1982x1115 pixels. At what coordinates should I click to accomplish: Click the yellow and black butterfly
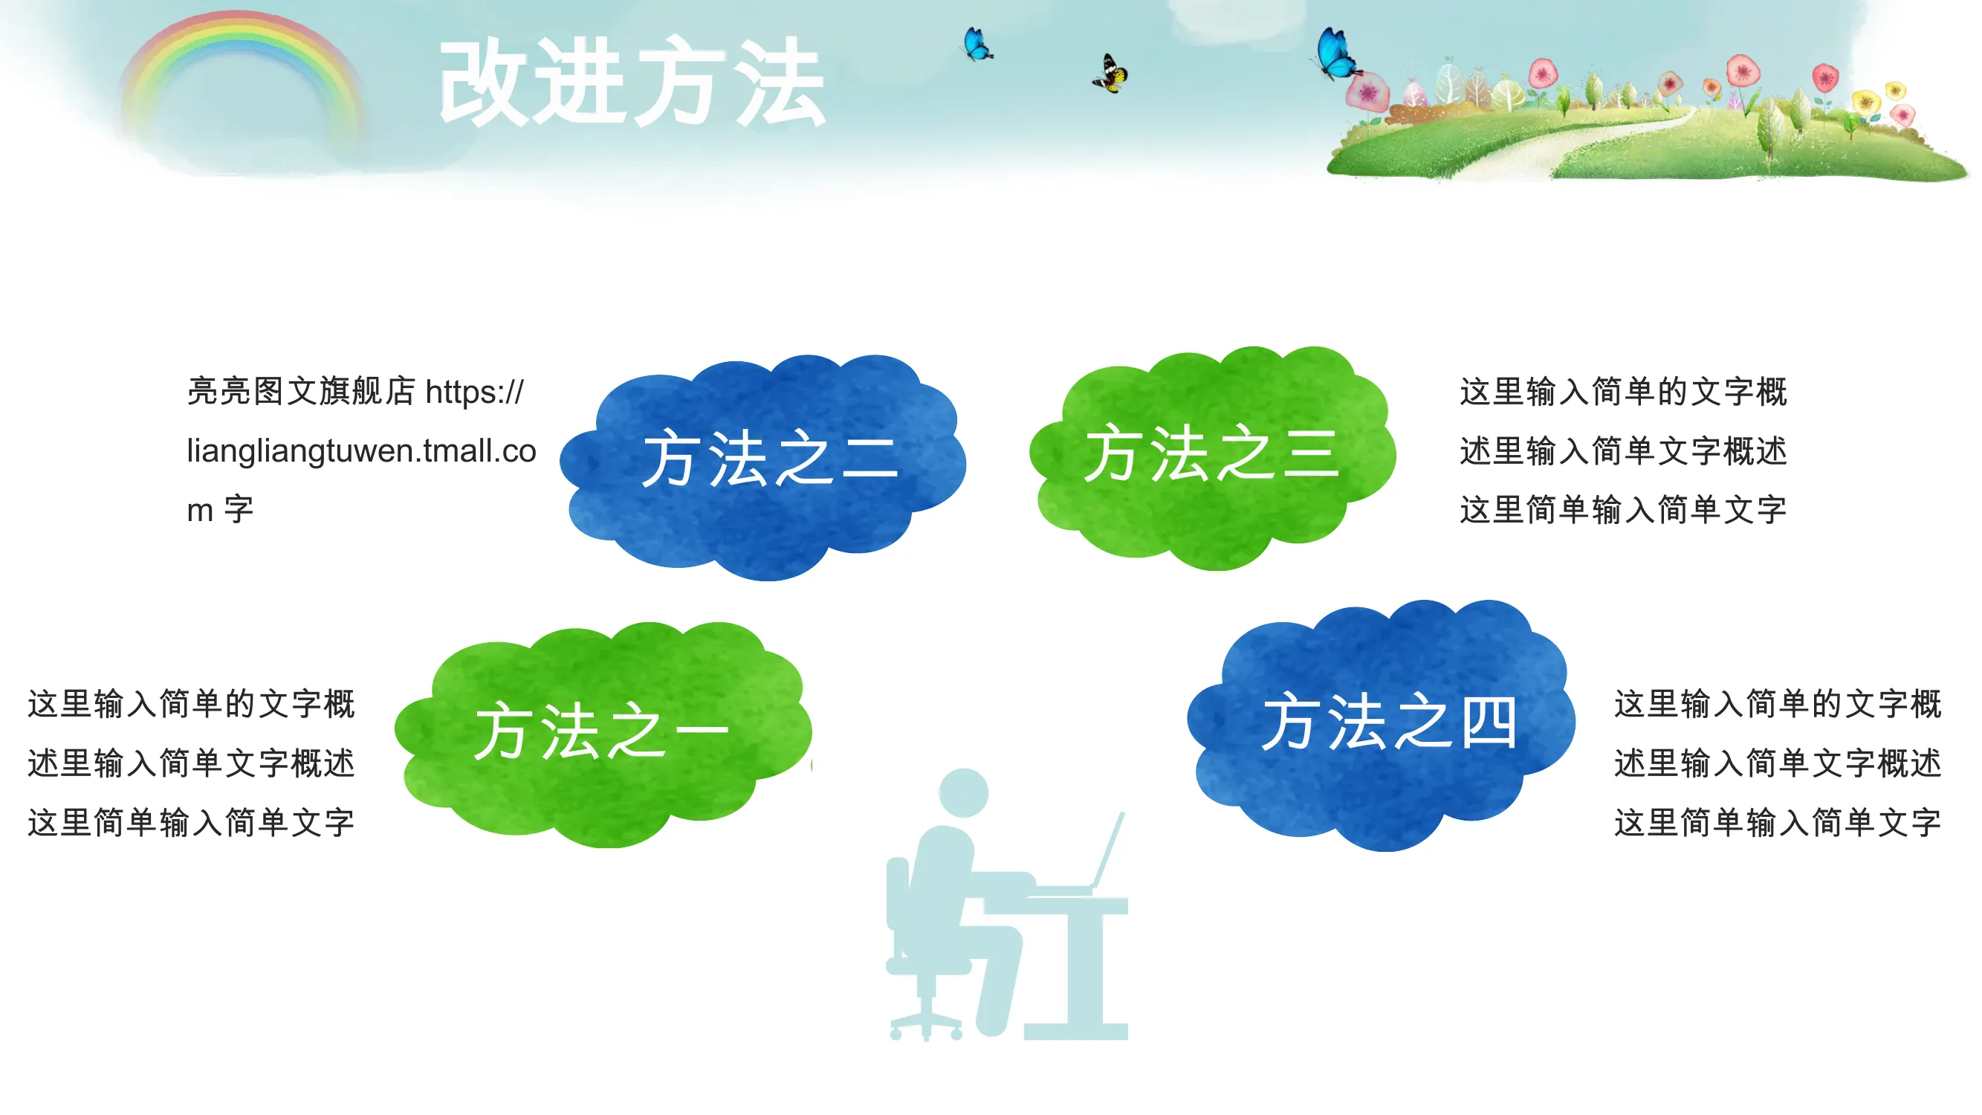[x=1110, y=74]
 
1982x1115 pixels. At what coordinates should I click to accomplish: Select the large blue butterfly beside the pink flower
[x=1335, y=54]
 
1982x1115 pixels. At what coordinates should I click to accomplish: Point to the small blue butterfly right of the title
[x=977, y=44]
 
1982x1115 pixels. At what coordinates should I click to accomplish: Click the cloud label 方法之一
[x=602, y=731]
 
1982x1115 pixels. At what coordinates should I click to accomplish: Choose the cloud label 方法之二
[x=770, y=459]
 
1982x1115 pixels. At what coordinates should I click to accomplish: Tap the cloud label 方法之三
[x=1212, y=453]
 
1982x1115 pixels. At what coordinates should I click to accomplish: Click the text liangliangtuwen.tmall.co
[x=362, y=451]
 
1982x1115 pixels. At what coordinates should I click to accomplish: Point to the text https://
[x=475, y=392]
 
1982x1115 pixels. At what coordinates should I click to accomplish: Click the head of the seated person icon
[x=964, y=792]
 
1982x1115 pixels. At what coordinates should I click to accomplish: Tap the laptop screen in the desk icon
[x=1108, y=850]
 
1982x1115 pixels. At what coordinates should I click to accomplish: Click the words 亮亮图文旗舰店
[x=301, y=392]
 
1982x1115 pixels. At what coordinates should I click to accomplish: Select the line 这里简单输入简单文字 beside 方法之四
[x=1778, y=823]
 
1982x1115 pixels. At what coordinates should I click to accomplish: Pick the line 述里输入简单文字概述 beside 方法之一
[x=191, y=763]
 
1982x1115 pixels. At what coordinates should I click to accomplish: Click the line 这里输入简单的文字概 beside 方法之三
[x=1624, y=392]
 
